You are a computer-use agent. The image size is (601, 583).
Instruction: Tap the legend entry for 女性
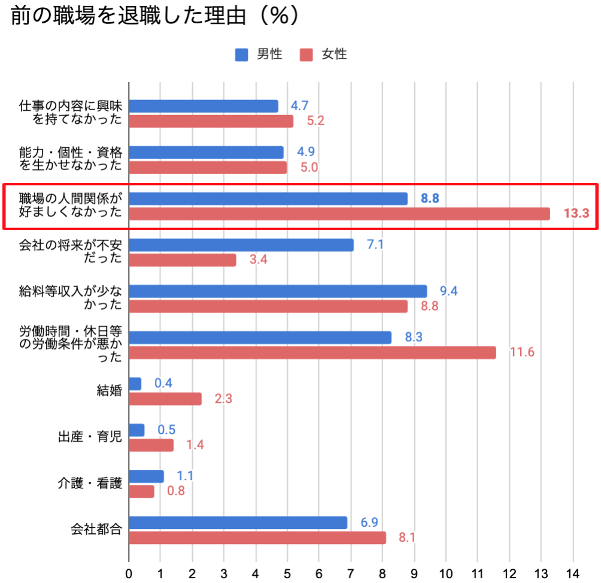coord(324,54)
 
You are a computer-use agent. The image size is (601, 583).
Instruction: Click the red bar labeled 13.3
coord(339,214)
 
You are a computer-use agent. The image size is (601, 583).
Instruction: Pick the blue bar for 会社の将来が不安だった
coord(241,245)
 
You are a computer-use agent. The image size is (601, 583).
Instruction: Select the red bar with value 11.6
coord(312,353)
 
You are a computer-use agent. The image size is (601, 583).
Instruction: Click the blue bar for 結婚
coord(135,384)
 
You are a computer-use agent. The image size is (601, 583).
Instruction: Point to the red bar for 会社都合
coord(257,538)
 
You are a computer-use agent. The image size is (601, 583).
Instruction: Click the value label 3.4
coord(258,260)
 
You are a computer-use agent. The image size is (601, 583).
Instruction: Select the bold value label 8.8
coord(430,198)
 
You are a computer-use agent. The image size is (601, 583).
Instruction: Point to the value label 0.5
coord(166,430)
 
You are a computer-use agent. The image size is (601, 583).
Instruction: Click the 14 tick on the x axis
coord(573,573)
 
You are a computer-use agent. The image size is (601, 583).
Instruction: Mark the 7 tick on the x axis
coord(351,573)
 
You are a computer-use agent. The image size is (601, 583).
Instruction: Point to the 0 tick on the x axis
coord(129,573)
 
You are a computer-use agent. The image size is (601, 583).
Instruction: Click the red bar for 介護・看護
coord(142,491)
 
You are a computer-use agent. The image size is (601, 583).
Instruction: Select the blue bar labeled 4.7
coord(204,106)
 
